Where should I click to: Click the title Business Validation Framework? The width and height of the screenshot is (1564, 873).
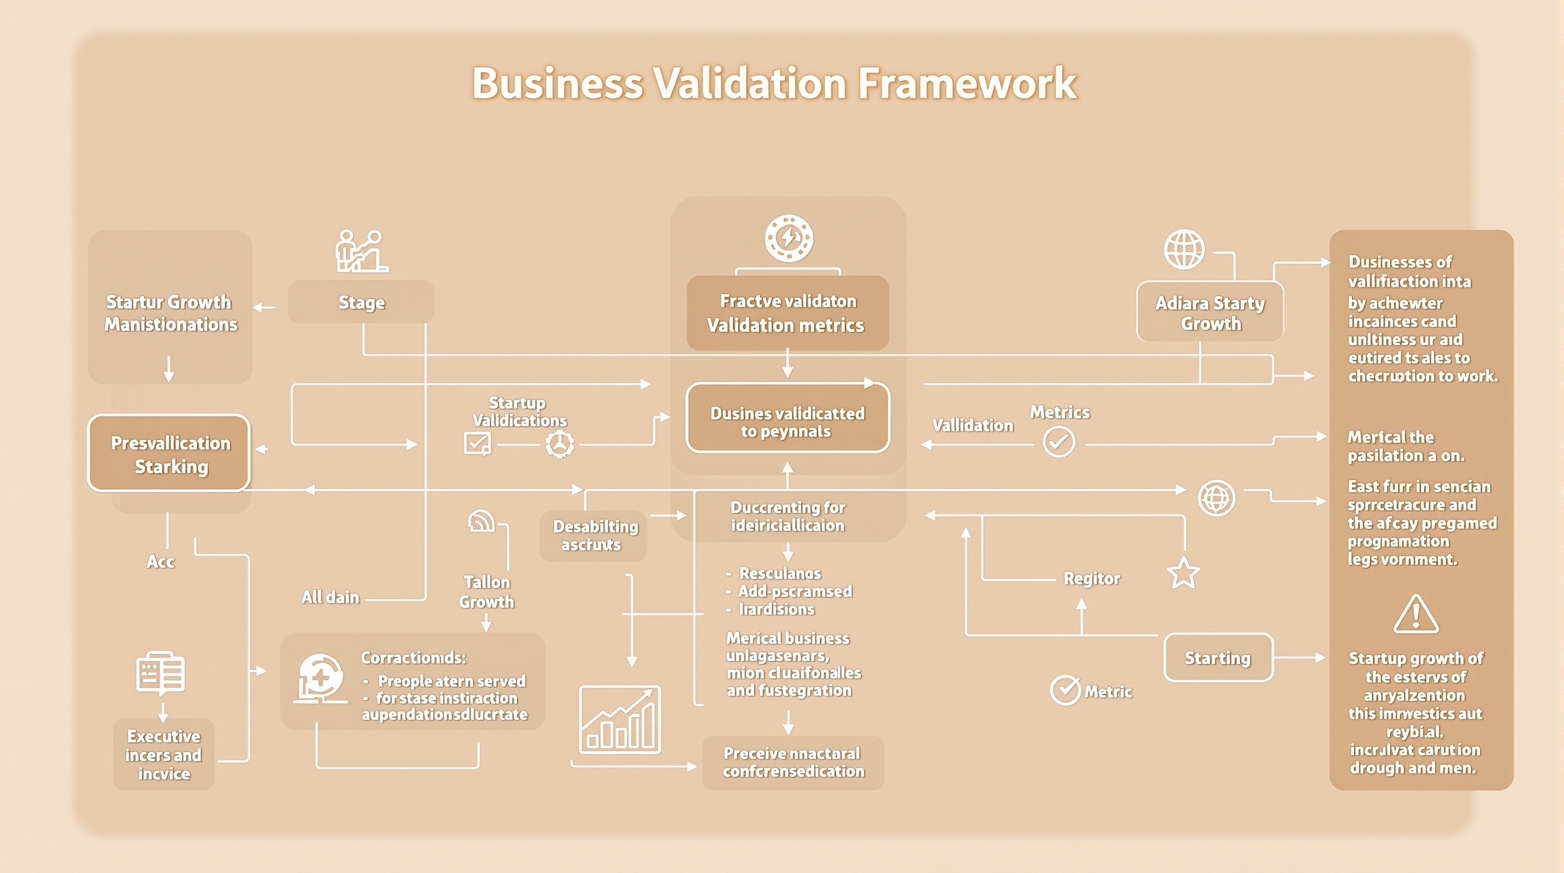(x=774, y=83)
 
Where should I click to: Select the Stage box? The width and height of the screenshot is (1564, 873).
(x=361, y=302)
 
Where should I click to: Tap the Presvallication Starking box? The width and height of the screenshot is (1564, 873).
(x=169, y=454)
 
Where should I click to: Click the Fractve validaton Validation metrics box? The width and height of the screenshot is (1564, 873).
(x=788, y=313)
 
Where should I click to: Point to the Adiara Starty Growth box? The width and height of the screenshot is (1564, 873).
(x=1209, y=312)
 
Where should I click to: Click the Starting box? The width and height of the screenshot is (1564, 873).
(x=1217, y=658)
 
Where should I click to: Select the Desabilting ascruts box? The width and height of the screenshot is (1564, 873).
(x=593, y=535)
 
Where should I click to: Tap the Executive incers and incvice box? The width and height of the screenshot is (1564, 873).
(x=163, y=754)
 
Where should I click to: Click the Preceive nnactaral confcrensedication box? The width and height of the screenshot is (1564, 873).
(x=793, y=763)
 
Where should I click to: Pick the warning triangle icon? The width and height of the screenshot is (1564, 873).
(x=1416, y=614)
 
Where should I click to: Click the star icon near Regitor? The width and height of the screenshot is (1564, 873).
(x=1183, y=572)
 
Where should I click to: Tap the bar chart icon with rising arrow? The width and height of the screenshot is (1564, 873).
(x=619, y=720)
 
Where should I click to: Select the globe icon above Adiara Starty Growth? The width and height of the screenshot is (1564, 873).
(x=1184, y=249)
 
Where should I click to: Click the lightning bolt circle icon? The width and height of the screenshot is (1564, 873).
(x=788, y=238)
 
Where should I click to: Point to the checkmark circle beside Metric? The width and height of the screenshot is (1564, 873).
(x=1065, y=690)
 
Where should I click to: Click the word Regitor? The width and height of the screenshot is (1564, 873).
(x=1091, y=579)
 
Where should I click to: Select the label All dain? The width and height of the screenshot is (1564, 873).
(x=330, y=597)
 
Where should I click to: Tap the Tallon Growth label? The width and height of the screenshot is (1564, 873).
(x=486, y=592)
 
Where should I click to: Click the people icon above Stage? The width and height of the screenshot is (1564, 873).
(x=362, y=251)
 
